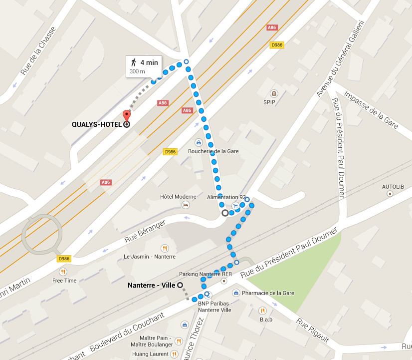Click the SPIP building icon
point(273,93)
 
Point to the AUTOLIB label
point(393,187)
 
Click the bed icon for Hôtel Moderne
point(186,205)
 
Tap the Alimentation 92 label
point(226,197)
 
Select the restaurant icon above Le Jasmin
point(164,248)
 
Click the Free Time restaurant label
point(64,281)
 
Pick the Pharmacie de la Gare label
point(268,293)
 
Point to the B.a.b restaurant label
point(266,319)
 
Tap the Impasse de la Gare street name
point(371,110)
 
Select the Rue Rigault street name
point(313,331)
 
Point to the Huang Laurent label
point(150,354)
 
